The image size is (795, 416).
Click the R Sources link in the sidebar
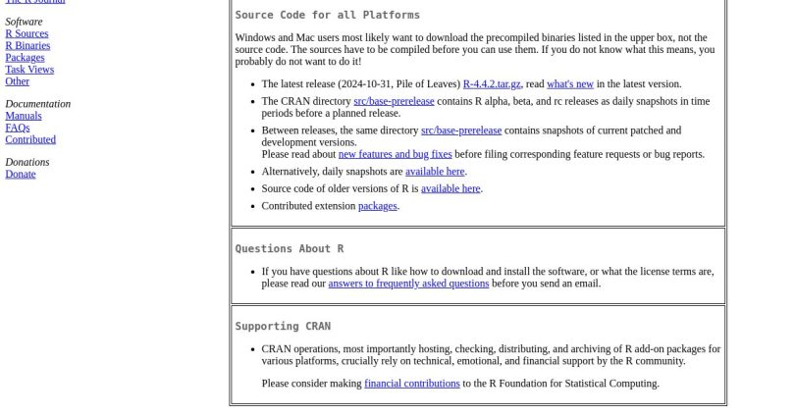(26, 33)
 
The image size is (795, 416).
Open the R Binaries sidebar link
(27, 45)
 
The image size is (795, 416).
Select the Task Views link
(29, 69)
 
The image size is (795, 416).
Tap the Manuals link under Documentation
(24, 116)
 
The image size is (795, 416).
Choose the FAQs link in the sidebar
(18, 128)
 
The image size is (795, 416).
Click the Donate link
(21, 174)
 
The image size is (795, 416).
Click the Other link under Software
(18, 80)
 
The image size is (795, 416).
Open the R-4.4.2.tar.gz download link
(492, 84)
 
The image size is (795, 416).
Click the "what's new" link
(570, 84)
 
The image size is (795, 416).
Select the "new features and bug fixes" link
(395, 154)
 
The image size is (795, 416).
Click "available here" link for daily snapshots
(435, 172)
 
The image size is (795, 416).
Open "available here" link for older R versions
(450, 188)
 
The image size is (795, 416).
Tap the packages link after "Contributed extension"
(378, 206)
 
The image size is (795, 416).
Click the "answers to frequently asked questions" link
(408, 284)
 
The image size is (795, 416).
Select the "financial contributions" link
(412, 384)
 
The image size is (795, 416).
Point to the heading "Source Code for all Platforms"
(327, 15)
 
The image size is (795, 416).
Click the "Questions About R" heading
(290, 249)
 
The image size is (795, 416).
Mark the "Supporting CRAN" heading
(283, 327)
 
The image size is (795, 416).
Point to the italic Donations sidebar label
(27, 162)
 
